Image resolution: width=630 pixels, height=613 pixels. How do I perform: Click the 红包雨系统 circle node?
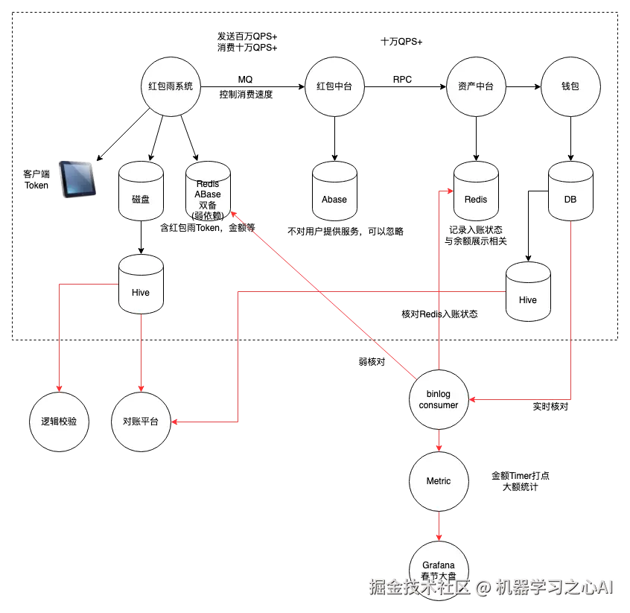(171, 86)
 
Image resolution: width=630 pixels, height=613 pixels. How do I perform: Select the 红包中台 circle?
(334, 86)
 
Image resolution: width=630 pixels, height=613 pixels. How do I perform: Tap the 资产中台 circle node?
(476, 86)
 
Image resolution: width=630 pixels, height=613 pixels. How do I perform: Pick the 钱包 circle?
(570, 86)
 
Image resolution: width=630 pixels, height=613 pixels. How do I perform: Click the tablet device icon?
(77, 181)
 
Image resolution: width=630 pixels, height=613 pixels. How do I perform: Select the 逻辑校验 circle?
(60, 422)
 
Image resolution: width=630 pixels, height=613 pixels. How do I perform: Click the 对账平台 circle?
(141, 422)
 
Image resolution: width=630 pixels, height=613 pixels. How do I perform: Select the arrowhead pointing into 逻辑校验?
(60, 388)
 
